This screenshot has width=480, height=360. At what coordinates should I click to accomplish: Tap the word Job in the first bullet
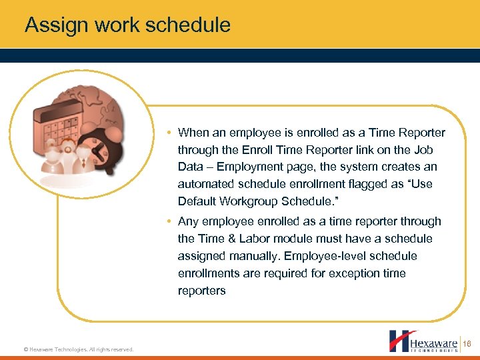[423, 149]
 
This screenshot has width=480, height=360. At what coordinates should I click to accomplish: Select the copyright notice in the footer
[79, 349]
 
